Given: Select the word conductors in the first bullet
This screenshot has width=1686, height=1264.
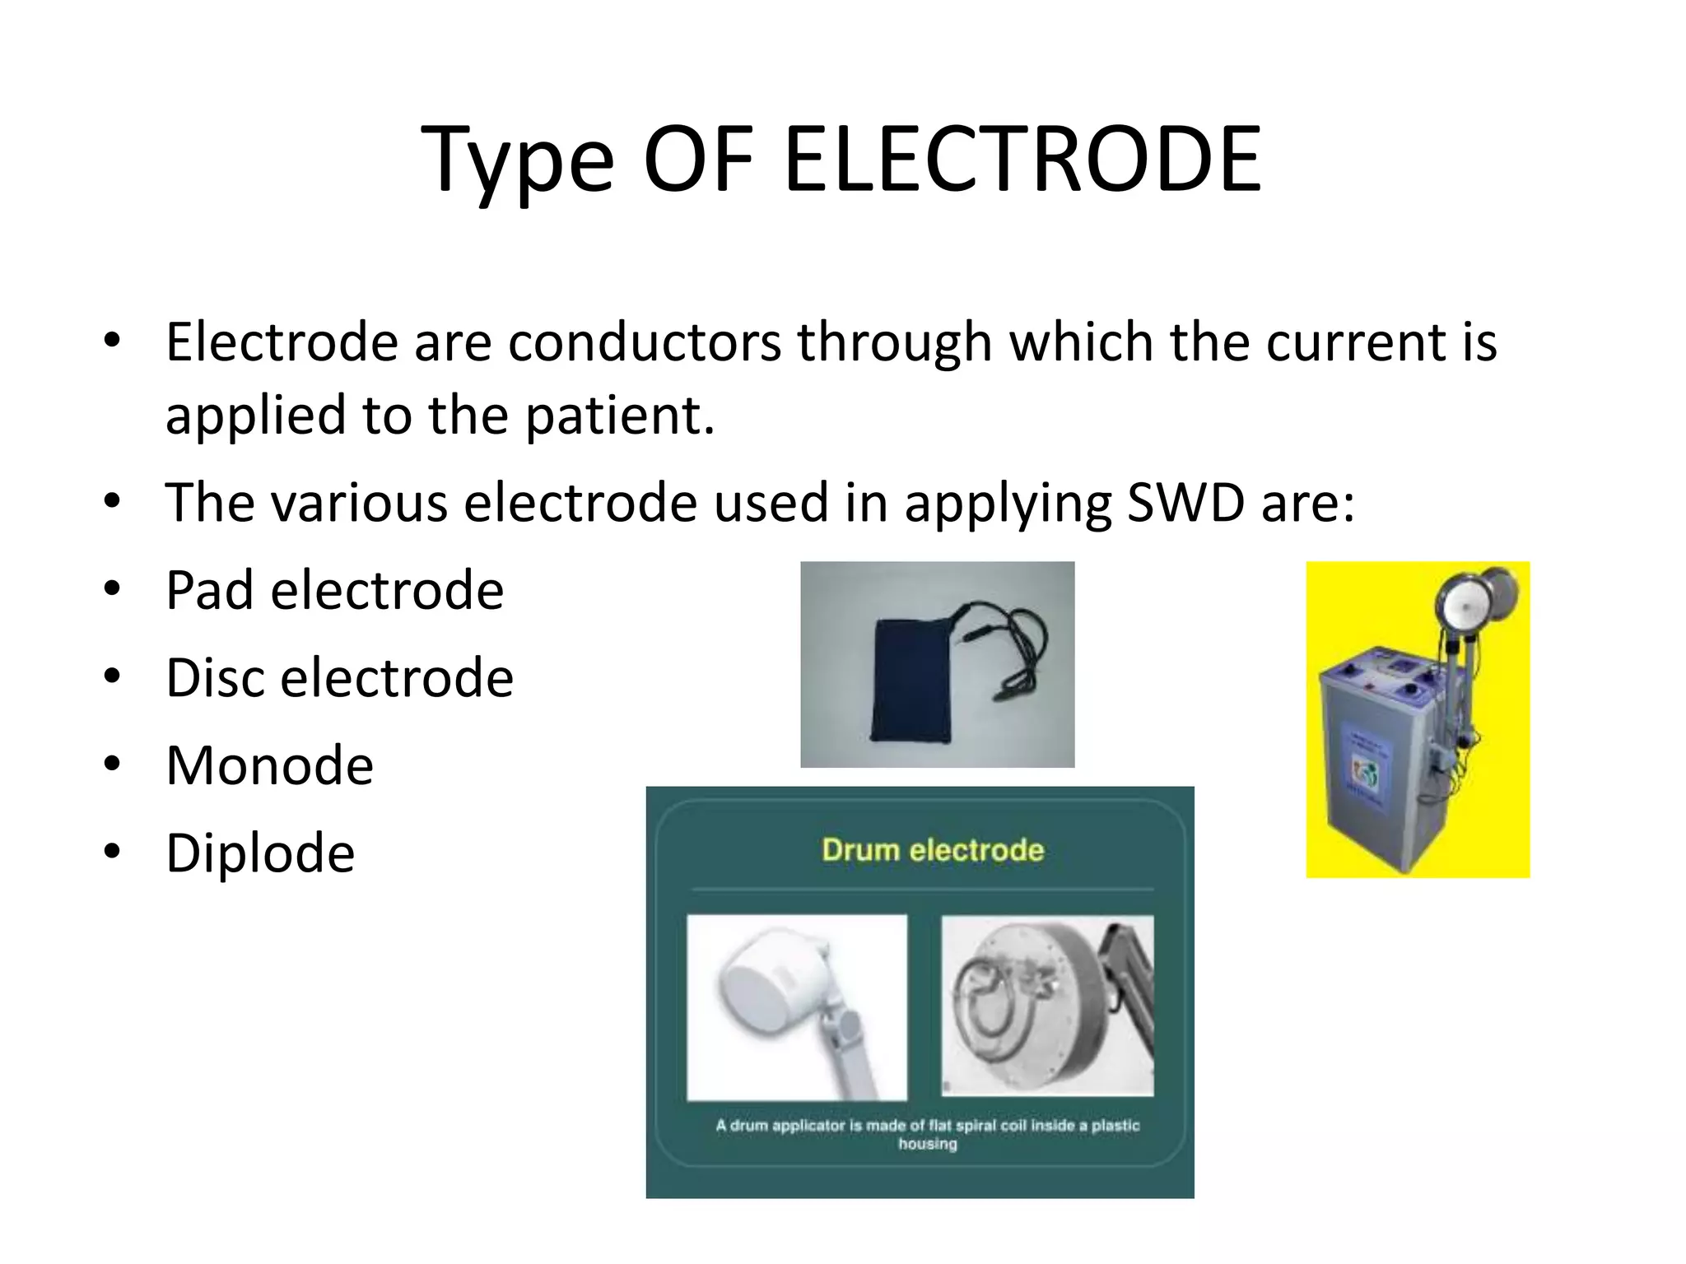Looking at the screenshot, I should (x=645, y=342).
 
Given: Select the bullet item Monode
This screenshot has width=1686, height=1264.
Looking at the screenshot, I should (x=269, y=765).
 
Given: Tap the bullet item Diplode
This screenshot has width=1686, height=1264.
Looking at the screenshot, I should (x=260, y=853).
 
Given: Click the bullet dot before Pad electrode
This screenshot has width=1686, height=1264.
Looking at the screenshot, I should (x=113, y=589).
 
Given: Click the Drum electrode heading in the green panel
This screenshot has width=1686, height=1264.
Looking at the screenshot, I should (x=932, y=849).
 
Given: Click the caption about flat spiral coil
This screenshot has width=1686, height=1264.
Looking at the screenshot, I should (x=927, y=1133).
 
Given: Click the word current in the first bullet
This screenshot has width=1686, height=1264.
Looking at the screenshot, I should (x=1355, y=342).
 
